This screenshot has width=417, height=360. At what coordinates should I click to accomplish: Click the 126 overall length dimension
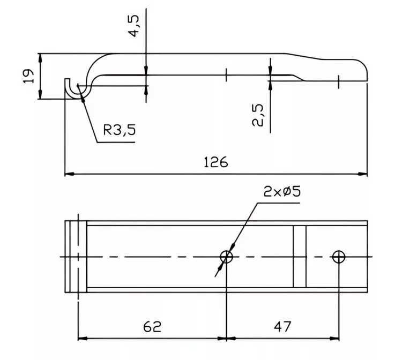215,162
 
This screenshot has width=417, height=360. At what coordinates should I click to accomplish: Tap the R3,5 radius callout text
120,130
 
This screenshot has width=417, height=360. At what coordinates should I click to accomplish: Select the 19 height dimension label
29,76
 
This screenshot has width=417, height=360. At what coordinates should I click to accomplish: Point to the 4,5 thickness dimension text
133,26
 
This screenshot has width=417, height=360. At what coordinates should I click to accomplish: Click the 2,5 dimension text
258,115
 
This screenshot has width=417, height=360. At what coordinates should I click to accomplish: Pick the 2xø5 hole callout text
282,191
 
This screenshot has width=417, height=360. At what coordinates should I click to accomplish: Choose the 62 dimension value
152,327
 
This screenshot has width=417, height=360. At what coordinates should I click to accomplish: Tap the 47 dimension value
282,326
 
